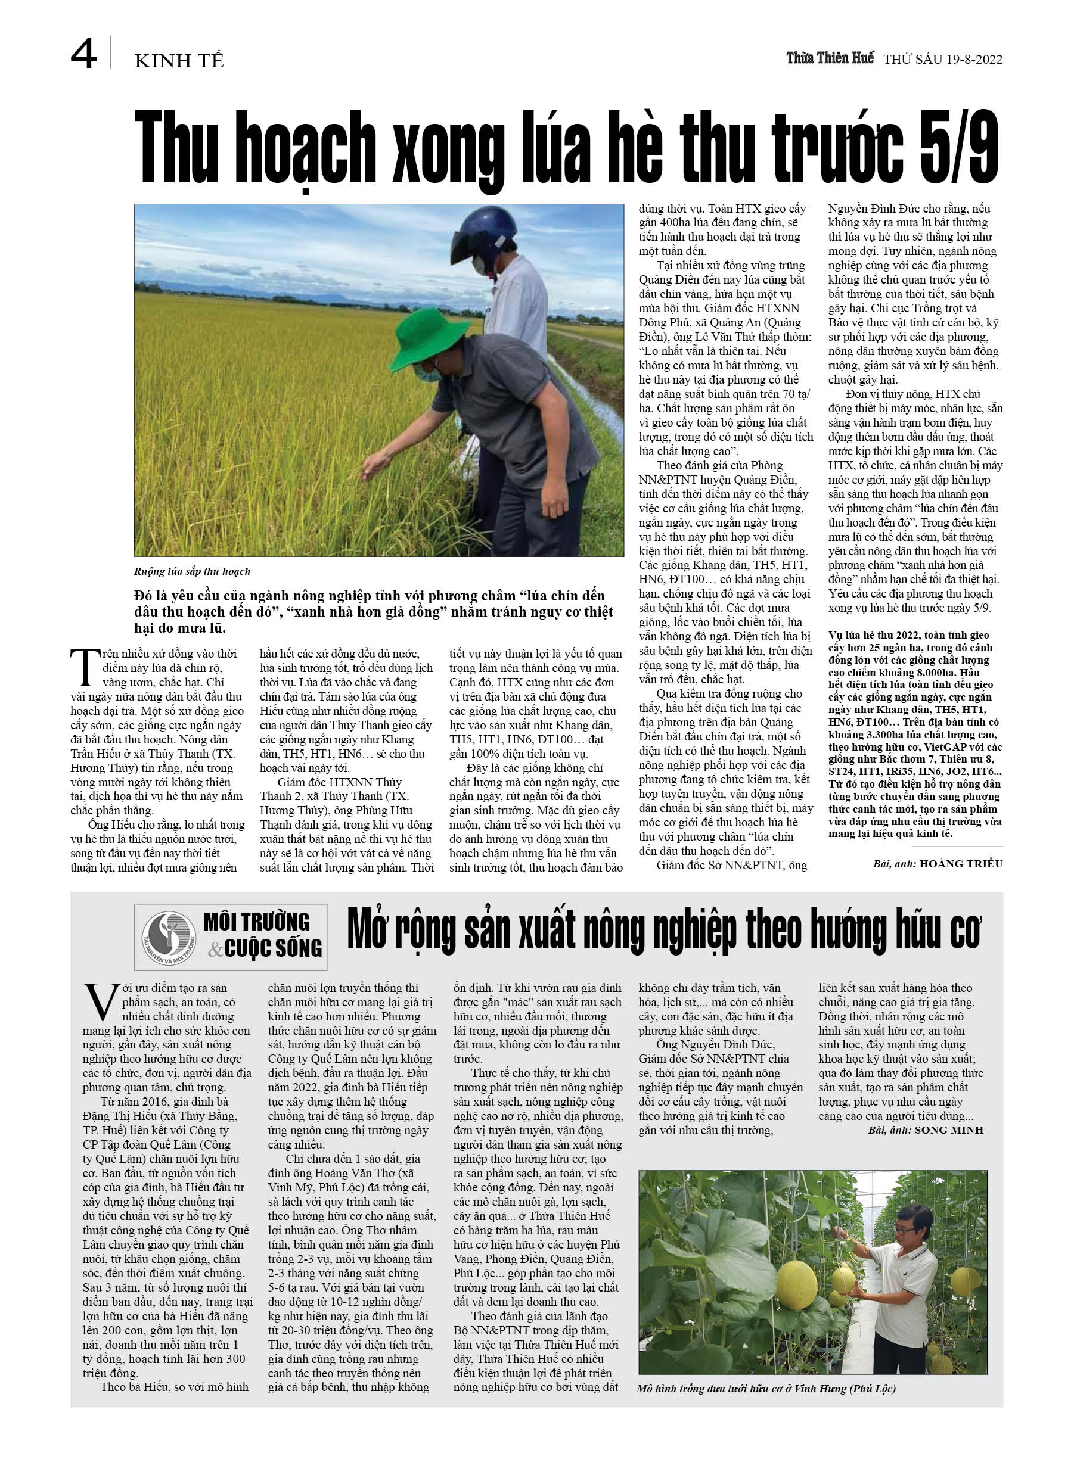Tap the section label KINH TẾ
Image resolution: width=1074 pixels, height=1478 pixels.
(x=179, y=61)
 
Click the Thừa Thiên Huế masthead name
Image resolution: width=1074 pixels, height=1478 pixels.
(x=830, y=58)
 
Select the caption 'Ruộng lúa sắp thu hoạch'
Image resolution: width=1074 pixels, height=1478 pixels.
(x=193, y=571)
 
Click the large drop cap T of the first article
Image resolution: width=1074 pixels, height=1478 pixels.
(x=85, y=668)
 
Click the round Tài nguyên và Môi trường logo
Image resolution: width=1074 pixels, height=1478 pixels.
(x=169, y=938)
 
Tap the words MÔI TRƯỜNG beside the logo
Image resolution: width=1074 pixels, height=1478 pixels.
(x=256, y=923)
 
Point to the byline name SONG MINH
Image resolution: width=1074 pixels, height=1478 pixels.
(x=949, y=1131)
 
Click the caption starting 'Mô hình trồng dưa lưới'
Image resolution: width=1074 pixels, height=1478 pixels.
(x=766, y=1389)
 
